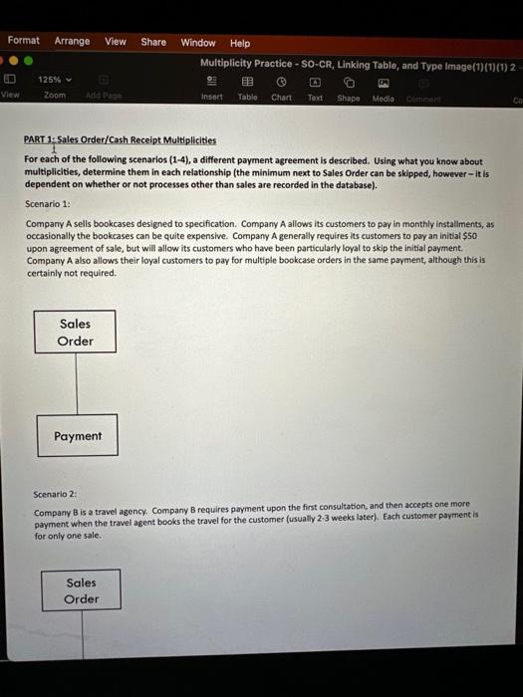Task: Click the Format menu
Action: pos(23,41)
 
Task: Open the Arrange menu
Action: pos(72,41)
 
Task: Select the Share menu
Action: pos(153,42)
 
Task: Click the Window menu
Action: pos(198,43)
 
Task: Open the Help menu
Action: pos(240,43)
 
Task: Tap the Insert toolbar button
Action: pos(212,89)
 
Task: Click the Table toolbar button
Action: pos(247,89)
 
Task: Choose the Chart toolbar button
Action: pos(282,89)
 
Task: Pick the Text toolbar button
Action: pos(315,89)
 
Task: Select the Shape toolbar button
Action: pos(349,89)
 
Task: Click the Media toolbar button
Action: pos(384,89)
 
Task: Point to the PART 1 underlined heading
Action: pos(121,140)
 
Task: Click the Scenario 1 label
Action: pos(48,204)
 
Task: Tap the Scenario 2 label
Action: pos(55,494)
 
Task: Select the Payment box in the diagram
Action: pos(78,436)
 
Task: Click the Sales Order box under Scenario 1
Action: pos(76,332)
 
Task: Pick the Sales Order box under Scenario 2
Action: pos(81,590)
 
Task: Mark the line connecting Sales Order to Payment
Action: pos(77,384)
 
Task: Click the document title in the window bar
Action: pos(354,65)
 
